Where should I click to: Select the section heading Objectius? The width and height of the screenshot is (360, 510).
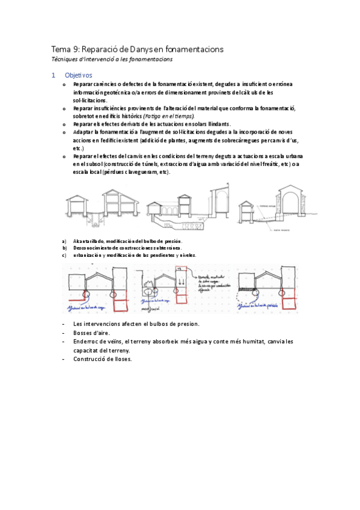pyautogui.click(x=79, y=75)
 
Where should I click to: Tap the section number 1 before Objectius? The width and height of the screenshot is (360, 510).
pyautogui.click(x=53, y=75)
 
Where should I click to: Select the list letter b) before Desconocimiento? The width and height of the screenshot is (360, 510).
pyautogui.click(x=64, y=247)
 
